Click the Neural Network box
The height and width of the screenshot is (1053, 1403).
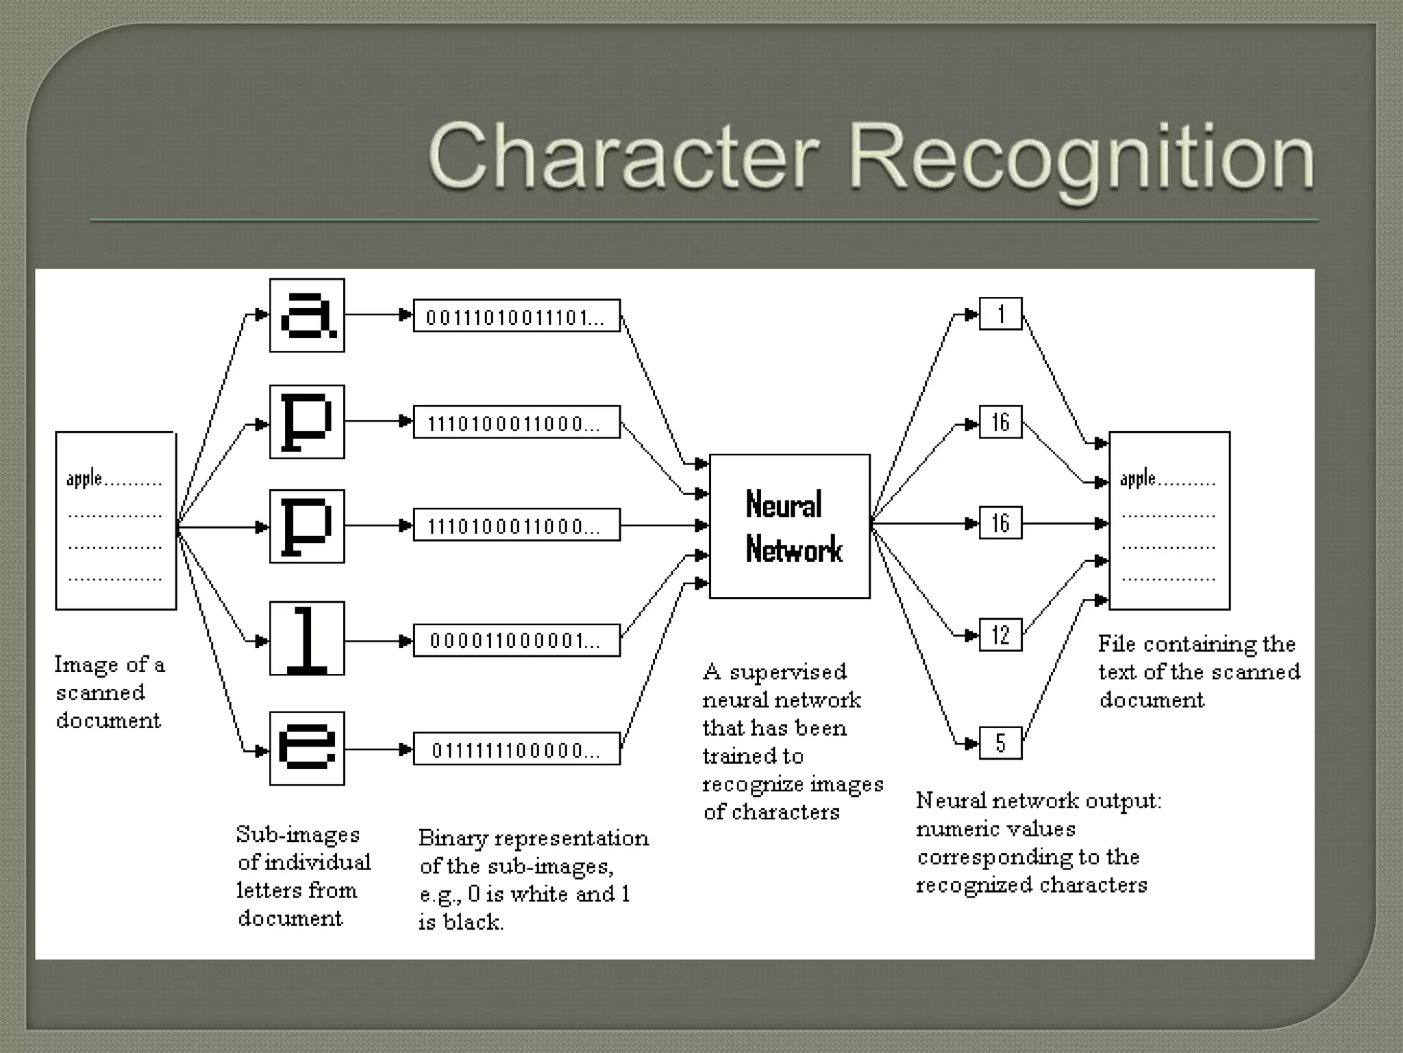(789, 526)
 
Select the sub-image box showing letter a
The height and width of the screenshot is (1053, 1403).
(307, 315)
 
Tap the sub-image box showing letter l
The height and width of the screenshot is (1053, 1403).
(307, 638)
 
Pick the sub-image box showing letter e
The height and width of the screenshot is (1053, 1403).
(307, 748)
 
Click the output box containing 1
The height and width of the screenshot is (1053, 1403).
(1000, 314)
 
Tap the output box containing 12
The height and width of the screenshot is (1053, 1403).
(1000, 635)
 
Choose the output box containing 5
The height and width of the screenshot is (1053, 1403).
(1000, 742)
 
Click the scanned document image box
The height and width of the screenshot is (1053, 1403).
(116, 520)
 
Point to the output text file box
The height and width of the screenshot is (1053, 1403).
(1169, 520)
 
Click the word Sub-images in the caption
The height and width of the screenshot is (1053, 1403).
(298, 834)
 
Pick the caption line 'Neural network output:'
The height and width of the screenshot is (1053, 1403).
(1039, 801)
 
